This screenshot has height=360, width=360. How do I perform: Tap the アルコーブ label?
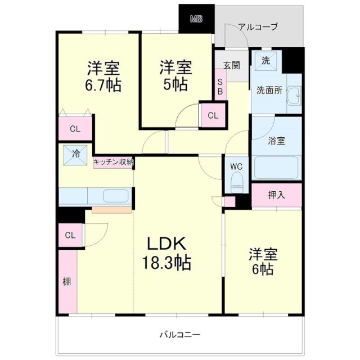258,26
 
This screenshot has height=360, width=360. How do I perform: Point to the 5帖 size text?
176,84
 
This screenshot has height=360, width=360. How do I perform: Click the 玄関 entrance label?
231,65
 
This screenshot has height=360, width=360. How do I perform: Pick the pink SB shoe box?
220,85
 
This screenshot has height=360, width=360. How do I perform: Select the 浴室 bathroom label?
277,141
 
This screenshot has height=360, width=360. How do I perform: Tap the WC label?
236,166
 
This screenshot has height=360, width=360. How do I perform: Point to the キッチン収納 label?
114,162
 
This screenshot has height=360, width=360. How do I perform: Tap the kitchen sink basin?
116,196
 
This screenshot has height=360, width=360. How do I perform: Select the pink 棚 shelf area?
67,281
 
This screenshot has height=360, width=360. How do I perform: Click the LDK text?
168,244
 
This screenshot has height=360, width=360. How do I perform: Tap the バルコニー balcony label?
179,335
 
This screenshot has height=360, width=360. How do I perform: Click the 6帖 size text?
263,269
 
